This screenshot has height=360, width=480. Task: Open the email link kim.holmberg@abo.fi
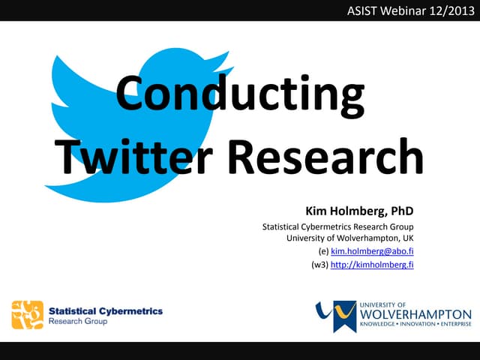coord(372,251)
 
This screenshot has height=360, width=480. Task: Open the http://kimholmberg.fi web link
coord(372,264)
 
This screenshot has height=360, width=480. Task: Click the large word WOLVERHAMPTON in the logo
coord(415,314)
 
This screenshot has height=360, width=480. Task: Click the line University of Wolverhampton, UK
coord(350,238)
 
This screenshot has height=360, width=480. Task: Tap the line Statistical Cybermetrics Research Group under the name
coord(337,226)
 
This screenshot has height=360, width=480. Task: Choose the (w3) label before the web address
coord(319,264)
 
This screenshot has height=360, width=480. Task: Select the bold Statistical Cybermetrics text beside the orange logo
coord(105,310)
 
